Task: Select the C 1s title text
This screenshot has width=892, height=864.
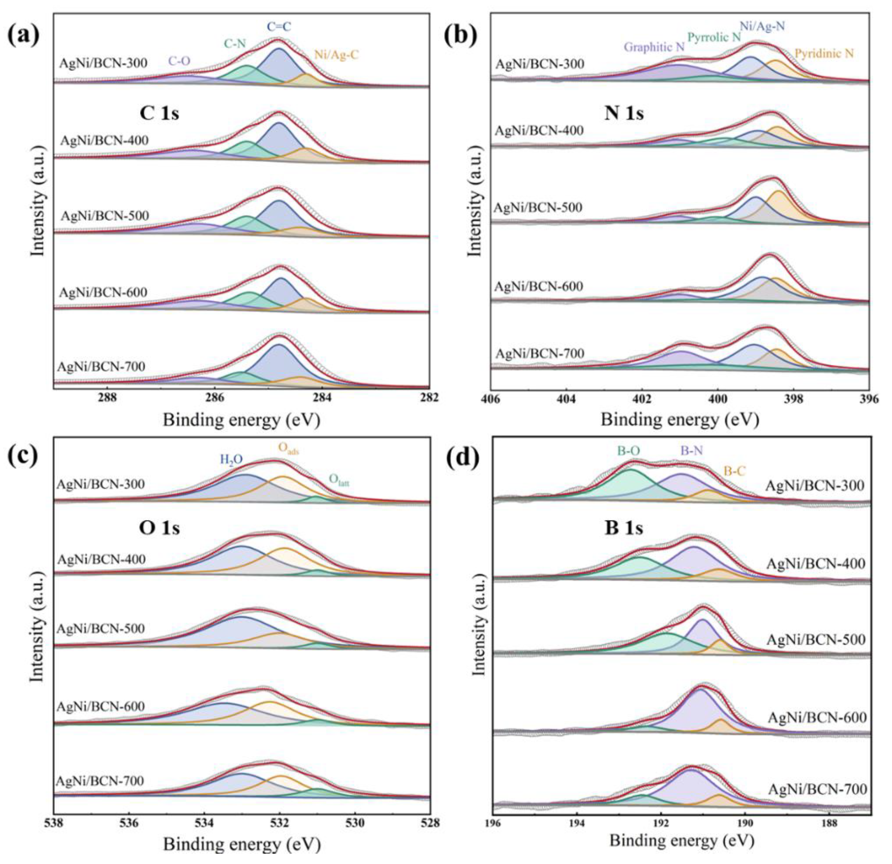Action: [x=159, y=113]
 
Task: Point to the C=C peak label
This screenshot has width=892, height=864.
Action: [x=278, y=27]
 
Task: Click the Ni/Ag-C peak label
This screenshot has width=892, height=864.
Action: [x=336, y=56]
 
